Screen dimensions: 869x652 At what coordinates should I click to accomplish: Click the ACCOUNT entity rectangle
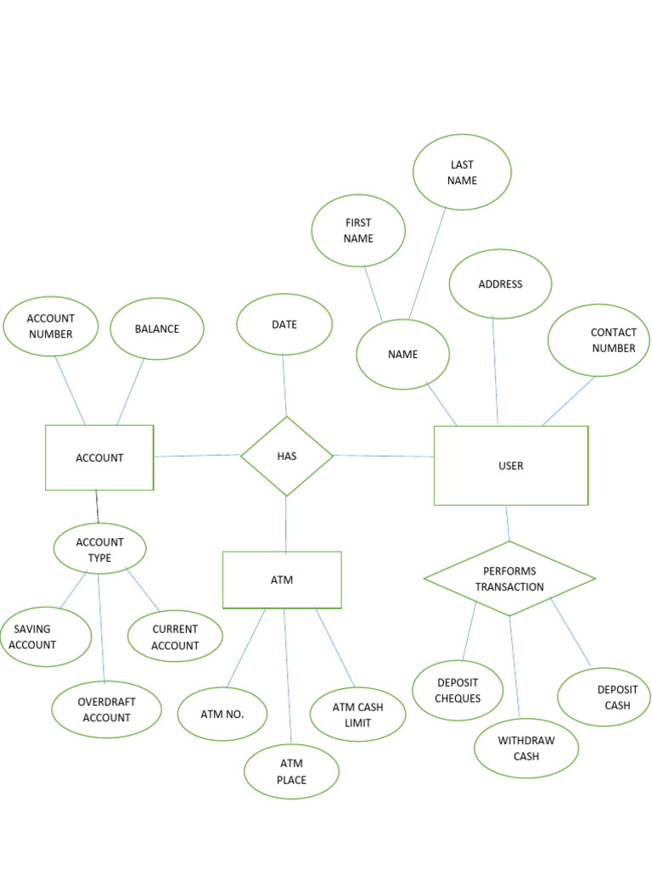(x=99, y=457)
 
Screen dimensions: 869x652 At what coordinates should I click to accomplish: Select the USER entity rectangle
(x=510, y=465)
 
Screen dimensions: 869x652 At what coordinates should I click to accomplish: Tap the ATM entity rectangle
(x=282, y=580)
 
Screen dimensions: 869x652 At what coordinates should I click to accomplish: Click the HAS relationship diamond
(x=287, y=456)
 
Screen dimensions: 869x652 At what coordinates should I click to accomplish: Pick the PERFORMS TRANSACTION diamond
(x=509, y=579)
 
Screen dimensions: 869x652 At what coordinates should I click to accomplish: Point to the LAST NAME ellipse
(x=462, y=172)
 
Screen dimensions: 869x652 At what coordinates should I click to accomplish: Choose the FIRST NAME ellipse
(x=358, y=231)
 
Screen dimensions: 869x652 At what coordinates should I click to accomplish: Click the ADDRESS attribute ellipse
(x=500, y=284)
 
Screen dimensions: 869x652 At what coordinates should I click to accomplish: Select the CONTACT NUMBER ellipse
(x=599, y=340)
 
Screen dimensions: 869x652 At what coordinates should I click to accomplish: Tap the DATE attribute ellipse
(x=284, y=324)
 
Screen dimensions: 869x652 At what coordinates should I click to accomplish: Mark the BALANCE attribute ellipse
(x=157, y=328)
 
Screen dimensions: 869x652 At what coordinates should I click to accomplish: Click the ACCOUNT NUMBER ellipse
(x=51, y=326)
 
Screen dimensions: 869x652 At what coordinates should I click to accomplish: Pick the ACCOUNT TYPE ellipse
(x=99, y=549)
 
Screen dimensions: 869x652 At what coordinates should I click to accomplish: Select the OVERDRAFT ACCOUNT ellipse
(x=106, y=709)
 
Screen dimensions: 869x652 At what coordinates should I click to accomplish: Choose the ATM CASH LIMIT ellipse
(x=357, y=715)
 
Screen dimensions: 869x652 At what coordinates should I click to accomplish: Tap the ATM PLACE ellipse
(x=291, y=771)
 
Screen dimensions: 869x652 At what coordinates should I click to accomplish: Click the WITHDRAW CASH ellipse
(x=526, y=748)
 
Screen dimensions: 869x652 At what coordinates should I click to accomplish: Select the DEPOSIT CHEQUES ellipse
(x=458, y=690)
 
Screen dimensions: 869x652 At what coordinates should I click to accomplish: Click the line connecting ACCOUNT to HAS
(x=197, y=456)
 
